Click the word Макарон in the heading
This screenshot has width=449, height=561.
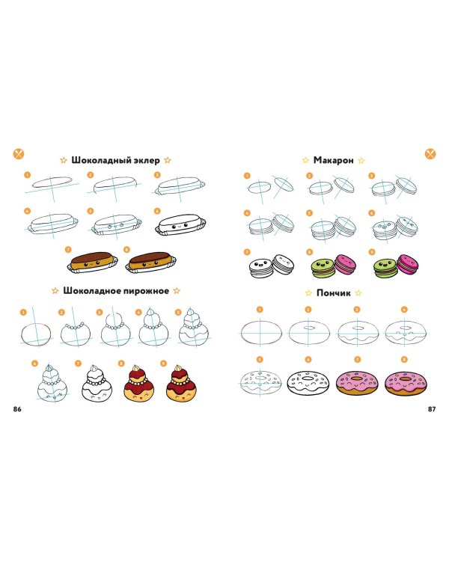point(334,160)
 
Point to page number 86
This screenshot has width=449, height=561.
point(18,408)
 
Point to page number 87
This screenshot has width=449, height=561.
point(431,408)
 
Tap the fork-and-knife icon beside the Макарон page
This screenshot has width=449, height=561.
point(430,153)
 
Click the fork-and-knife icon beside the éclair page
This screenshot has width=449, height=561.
point(19,153)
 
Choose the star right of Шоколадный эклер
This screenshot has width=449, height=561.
point(168,160)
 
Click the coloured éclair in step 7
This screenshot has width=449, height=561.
point(92,261)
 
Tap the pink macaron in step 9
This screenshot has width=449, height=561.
point(406,263)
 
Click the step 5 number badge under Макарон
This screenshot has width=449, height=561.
point(308,213)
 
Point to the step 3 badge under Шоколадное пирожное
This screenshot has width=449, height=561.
point(113,312)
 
